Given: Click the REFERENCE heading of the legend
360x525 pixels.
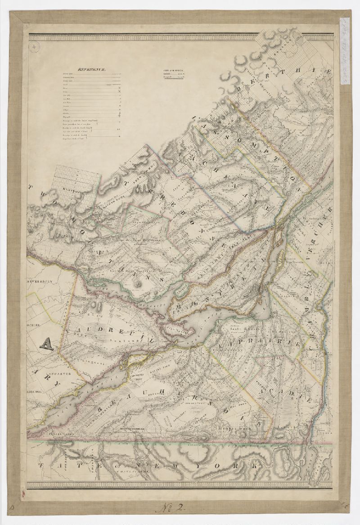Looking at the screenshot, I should coord(91,69).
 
